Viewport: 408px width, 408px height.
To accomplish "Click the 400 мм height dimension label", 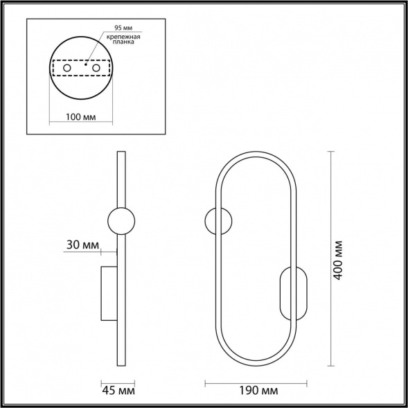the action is (x=338, y=260).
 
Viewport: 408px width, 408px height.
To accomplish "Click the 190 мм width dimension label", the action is (x=258, y=391).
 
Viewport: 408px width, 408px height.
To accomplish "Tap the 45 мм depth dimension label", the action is (x=118, y=391).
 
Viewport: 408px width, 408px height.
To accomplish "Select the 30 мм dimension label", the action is (x=82, y=245).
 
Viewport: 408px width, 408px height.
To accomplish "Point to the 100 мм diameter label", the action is (x=80, y=117).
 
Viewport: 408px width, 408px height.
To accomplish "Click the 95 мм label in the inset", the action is (x=123, y=28).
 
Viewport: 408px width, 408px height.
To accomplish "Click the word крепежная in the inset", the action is (x=123, y=37).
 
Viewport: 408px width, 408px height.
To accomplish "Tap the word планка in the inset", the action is (x=123, y=42).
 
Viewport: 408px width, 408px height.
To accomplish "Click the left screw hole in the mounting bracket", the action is (x=67, y=68).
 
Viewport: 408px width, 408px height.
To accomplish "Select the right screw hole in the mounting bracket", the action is (x=96, y=68).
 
